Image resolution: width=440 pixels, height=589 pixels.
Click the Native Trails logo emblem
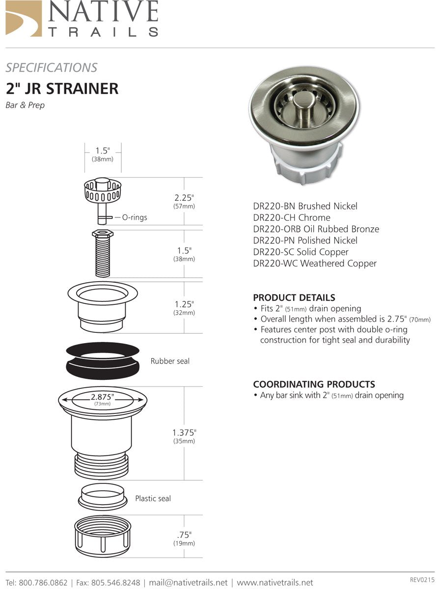tap(24, 18)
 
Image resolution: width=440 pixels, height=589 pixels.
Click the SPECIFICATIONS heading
tap(51, 68)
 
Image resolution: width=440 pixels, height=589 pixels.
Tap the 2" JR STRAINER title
tap(62, 88)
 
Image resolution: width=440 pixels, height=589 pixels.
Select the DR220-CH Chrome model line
tap(292, 217)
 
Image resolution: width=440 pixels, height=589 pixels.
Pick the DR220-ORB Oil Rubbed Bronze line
tap(316, 229)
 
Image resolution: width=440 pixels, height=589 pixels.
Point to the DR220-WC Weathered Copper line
tap(315, 264)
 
